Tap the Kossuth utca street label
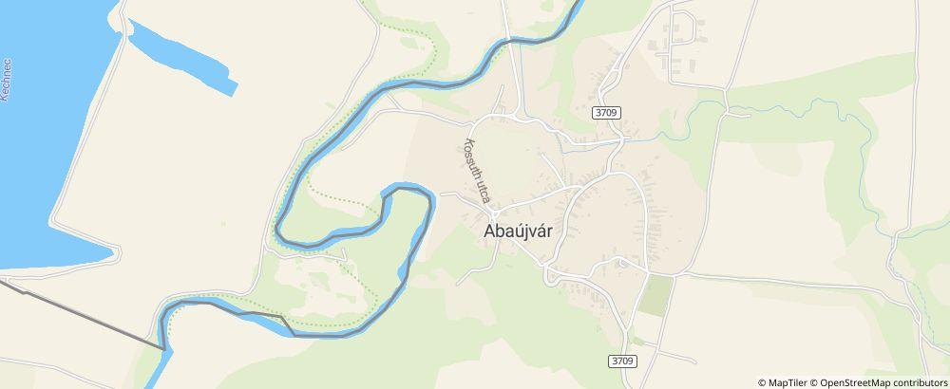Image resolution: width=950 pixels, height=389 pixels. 476,172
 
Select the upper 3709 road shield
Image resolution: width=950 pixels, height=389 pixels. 607,112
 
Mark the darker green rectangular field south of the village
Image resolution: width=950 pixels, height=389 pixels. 655,296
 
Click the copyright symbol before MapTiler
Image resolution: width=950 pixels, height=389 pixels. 762,382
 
